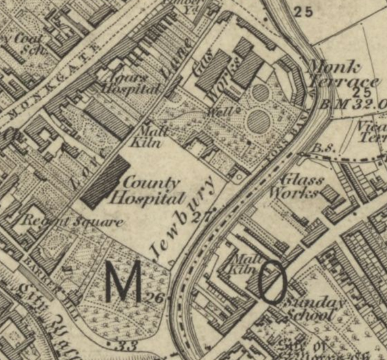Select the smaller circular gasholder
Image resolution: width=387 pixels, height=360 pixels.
[x=260, y=93]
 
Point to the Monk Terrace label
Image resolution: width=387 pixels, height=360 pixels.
[x=343, y=75]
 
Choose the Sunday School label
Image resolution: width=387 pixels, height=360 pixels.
[x=304, y=308]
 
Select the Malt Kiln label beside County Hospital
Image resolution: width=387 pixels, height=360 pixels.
[x=147, y=135]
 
